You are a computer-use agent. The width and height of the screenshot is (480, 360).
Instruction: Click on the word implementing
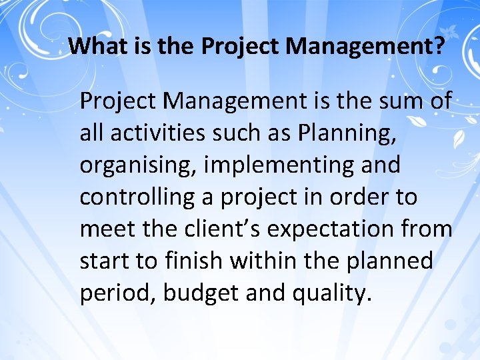coord(278,165)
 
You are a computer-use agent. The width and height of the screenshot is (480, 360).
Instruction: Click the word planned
coord(390,261)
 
